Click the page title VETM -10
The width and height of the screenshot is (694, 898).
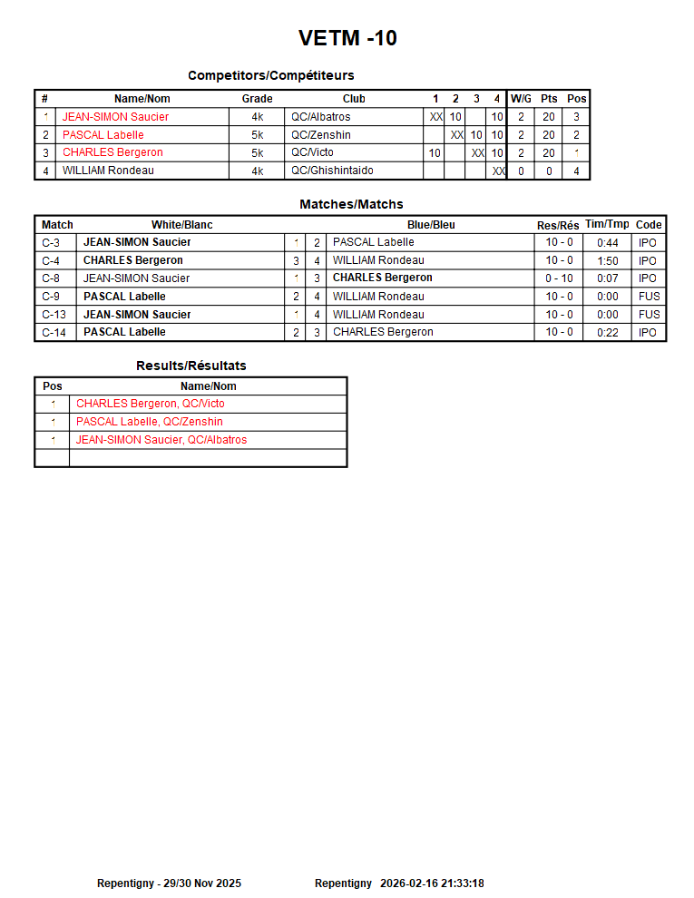pos(347,38)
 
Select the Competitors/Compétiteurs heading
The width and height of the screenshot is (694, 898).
pos(270,75)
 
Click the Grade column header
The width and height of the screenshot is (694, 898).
pos(257,99)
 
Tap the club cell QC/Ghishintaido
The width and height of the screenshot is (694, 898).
pos(332,171)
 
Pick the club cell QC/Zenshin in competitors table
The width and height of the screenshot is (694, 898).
pos(320,135)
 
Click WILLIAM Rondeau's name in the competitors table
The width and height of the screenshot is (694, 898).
pos(108,171)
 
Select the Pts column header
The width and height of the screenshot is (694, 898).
pos(549,99)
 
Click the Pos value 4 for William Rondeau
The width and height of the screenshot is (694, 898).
pos(576,171)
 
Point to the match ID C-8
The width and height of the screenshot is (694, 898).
pos(51,278)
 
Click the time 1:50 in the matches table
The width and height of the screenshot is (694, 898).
pos(608,261)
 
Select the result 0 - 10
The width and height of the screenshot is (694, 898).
pos(559,278)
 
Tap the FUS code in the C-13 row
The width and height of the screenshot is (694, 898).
pos(649,315)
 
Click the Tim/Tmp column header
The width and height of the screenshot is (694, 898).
pos(607,224)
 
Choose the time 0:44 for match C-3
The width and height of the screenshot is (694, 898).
pos(608,243)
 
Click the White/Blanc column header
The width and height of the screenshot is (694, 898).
pos(181,225)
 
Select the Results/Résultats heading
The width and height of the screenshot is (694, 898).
pos(191,366)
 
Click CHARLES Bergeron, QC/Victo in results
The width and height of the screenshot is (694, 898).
pos(151,404)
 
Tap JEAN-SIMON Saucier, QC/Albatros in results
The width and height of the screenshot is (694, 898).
pos(161,440)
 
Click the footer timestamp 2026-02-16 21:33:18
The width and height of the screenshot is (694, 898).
pos(432,883)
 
